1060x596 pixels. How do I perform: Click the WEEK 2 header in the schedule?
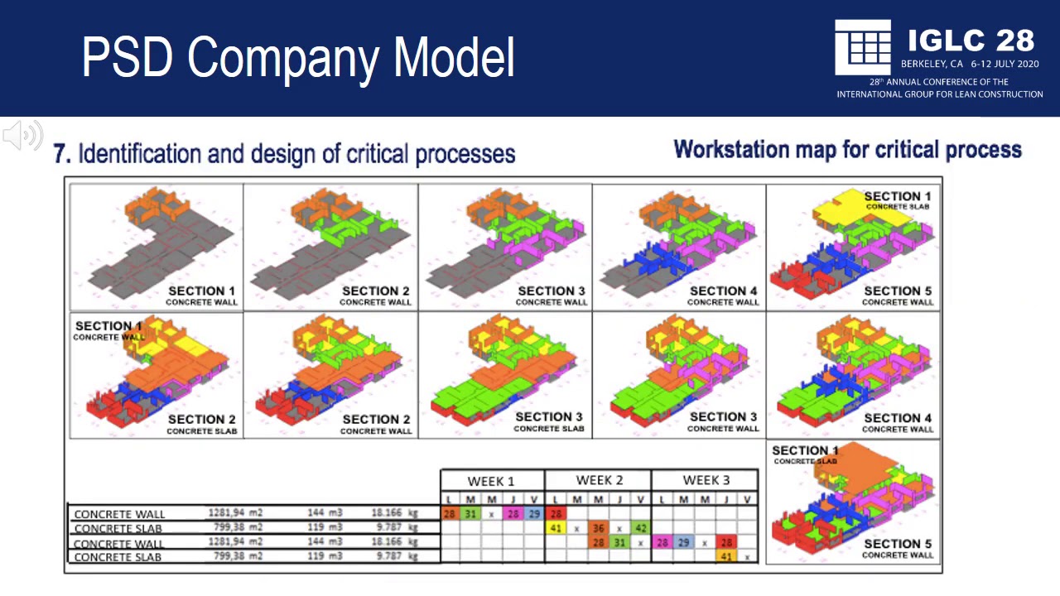(x=599, y=480)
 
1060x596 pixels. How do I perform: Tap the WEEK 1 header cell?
(x=491, y=481)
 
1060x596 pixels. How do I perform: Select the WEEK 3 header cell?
(x=706, y=480)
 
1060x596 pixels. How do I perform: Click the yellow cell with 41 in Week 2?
(x=556, y=528)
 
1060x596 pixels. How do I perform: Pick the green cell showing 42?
(x=640, y=528)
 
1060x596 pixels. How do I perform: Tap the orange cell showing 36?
(x=598, y=528)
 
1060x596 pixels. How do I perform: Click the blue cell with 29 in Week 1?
(x=534, y=514)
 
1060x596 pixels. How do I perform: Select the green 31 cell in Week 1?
(x=470, y=514)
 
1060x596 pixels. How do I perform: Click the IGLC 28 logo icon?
(x=862, y=46)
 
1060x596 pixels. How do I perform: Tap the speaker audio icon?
(x=22, y=135)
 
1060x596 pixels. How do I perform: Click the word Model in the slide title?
(x=454, y=57)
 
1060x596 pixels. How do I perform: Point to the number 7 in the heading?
(x=60, y=154)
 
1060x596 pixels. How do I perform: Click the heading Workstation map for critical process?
(x=847, y=150)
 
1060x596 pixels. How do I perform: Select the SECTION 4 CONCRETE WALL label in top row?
(x=722, y=296)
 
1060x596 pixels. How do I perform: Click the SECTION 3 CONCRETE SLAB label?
(x=548, y=421)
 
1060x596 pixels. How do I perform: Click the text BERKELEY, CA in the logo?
(x=932, y=64)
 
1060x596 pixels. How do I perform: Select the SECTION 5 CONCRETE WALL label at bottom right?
(x=897, y=549)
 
